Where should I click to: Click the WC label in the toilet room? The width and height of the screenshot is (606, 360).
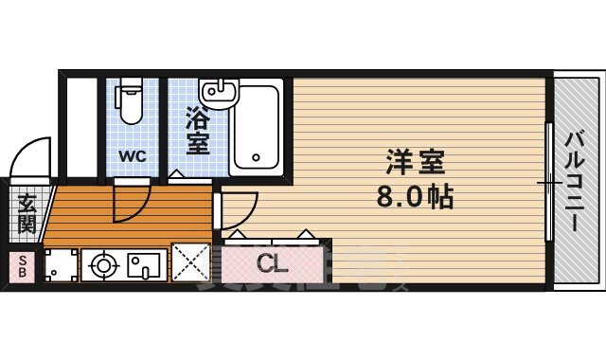[132, 156]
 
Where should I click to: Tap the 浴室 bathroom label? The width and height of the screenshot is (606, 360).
[197, 132]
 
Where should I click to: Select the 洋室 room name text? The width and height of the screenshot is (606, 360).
[416, 162]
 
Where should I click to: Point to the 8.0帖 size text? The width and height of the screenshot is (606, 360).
[416, 198]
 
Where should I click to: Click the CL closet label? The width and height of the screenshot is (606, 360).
[273, 262]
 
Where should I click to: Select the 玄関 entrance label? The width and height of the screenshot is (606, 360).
[26, 215]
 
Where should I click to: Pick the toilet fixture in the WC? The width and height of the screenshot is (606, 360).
[131, 103]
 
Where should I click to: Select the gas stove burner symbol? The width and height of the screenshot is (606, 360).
[101, 266]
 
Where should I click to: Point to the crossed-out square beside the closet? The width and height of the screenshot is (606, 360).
[189, 263]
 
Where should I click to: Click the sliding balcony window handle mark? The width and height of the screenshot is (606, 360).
[548, 180]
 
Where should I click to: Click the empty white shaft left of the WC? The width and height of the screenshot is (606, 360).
[82, 128]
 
